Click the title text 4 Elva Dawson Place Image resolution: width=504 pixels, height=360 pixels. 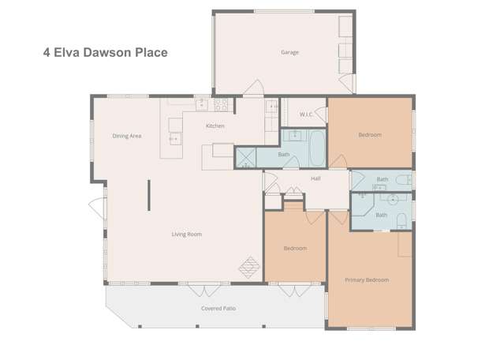(105, 53)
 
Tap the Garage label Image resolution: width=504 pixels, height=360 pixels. (289, 53)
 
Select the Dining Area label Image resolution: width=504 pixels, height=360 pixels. (126, 136)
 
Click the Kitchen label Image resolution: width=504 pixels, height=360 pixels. (215, 126)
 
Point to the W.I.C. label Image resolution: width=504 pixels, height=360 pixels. (307, 116)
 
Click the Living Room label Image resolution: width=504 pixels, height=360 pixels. (187, 234)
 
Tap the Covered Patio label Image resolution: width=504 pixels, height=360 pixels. (218, 308)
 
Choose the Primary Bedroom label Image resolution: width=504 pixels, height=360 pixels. (366, 279)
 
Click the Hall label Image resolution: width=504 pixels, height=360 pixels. (315, 179)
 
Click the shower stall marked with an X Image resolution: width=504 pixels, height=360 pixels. (245, 158)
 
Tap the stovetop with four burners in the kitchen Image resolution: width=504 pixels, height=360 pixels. (221, 103)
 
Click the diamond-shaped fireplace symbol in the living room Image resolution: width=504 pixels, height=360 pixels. (249, 266)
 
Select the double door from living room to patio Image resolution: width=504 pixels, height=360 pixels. (193, 287)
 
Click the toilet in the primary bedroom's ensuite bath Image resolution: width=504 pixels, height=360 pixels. (401, 219)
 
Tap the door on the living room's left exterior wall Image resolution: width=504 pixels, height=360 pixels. (97, 209)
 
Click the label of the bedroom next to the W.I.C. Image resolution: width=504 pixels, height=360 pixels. (369, 135)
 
